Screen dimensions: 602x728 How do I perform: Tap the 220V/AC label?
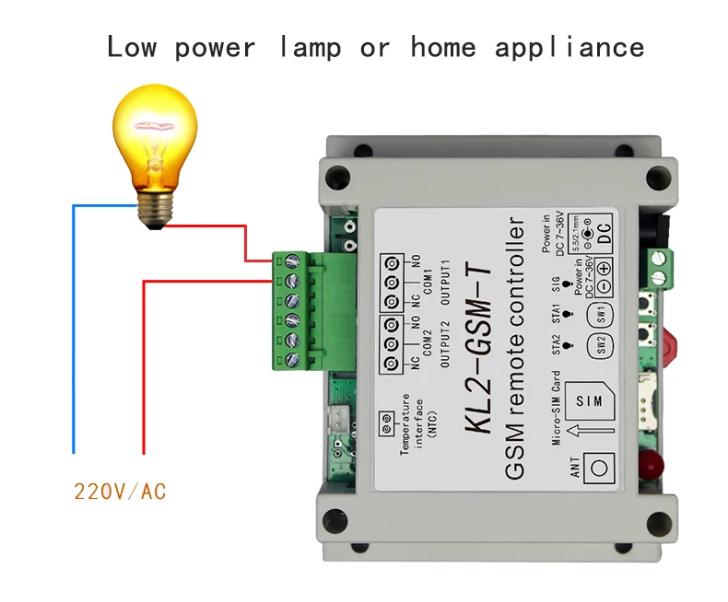point(120,492)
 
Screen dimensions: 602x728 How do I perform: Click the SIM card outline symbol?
point(587,401)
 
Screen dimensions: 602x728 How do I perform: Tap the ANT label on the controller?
point(573,469)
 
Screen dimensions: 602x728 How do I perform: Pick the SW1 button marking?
point(601,313)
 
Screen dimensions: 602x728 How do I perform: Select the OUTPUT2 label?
point(445,345)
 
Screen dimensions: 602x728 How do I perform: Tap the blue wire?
point(74,331)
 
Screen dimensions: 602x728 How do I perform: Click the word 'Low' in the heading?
point(132,47)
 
